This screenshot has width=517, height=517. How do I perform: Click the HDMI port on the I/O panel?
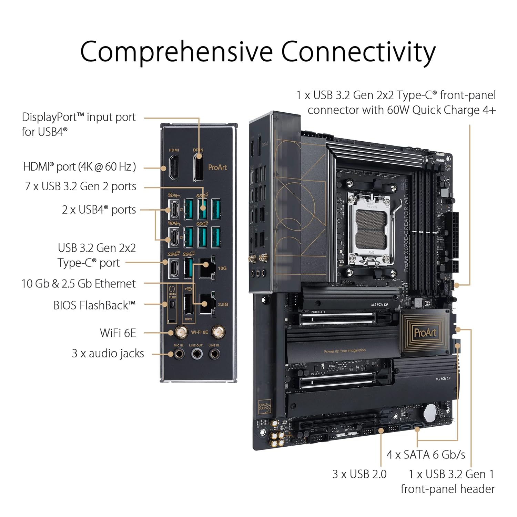tap(173, 168)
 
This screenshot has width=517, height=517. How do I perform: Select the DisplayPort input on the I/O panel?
tap(198, 168)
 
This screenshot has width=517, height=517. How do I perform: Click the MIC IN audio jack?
tap(179, 354)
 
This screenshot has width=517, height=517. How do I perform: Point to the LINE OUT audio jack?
tap(196, 354)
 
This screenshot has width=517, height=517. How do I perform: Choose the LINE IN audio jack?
tap(214, 354)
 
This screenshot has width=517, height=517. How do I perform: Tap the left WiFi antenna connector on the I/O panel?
tap(180, 332)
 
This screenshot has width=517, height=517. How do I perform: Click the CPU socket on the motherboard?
tap(371, 229)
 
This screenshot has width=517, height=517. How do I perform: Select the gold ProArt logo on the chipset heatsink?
tap(425, 333)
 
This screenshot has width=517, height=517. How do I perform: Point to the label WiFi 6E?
tap(118, 333)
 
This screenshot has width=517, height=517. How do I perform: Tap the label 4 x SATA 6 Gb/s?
tap(426, 455)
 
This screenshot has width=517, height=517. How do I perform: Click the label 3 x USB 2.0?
tap(359, 474)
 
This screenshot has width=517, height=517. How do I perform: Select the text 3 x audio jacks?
tap(108, 354)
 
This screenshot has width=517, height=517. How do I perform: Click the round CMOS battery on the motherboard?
tap(431, 412)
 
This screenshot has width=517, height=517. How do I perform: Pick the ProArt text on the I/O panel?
tap(217, 168)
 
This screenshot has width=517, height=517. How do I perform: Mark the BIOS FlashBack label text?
tap(94, 305)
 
